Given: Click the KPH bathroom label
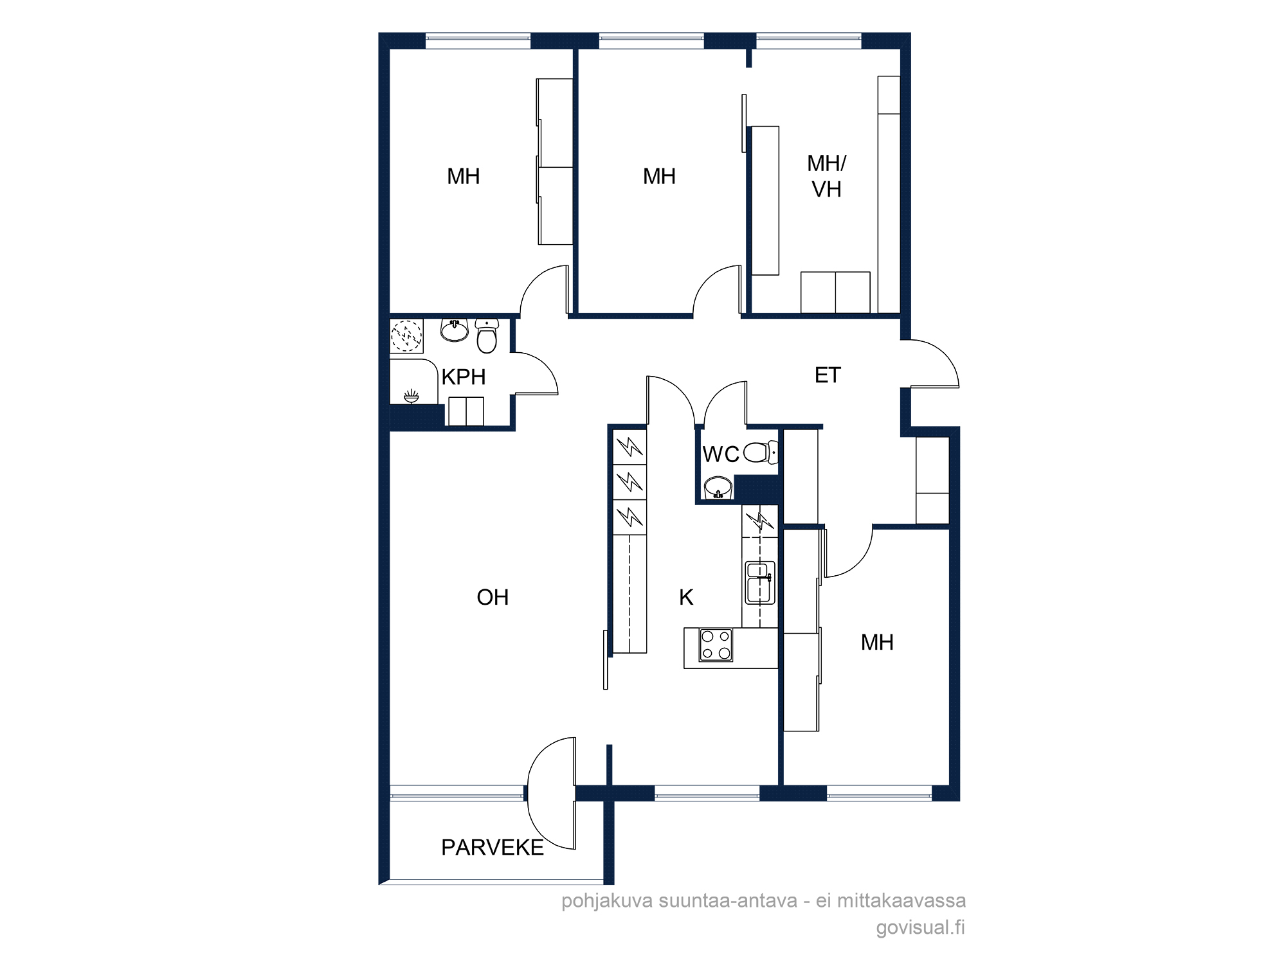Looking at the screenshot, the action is click(x=463, y=377).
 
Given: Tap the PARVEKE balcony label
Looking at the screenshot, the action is click(x=493, y=848).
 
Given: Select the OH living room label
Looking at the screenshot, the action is click(x=493, y=598).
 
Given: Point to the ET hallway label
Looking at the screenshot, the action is click(x=828, y=375).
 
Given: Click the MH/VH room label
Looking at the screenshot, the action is click(x=827, y=177).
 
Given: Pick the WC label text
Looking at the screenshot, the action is click(x=721, y=454).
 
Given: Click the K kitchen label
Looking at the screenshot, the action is click(x=686, y=598).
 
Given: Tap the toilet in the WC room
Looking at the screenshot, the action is click(x=761, y=452).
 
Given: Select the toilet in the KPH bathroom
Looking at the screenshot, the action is click(x=487, y=336).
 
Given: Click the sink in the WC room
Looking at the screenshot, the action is click(x=718, y=488).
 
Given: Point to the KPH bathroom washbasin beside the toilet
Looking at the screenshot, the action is click(x=455, y=330).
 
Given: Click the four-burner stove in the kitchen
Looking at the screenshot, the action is click(x=716, y=645).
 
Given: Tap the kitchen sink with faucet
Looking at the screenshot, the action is click(x=760, y=583).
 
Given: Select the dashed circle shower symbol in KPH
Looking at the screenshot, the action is click(x=407, y=336).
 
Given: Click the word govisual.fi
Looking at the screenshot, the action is click(x=920, y=927).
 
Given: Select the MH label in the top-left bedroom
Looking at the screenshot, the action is click(x=463, y=177).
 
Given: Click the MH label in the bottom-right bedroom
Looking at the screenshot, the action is click(x=877, y=643).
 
